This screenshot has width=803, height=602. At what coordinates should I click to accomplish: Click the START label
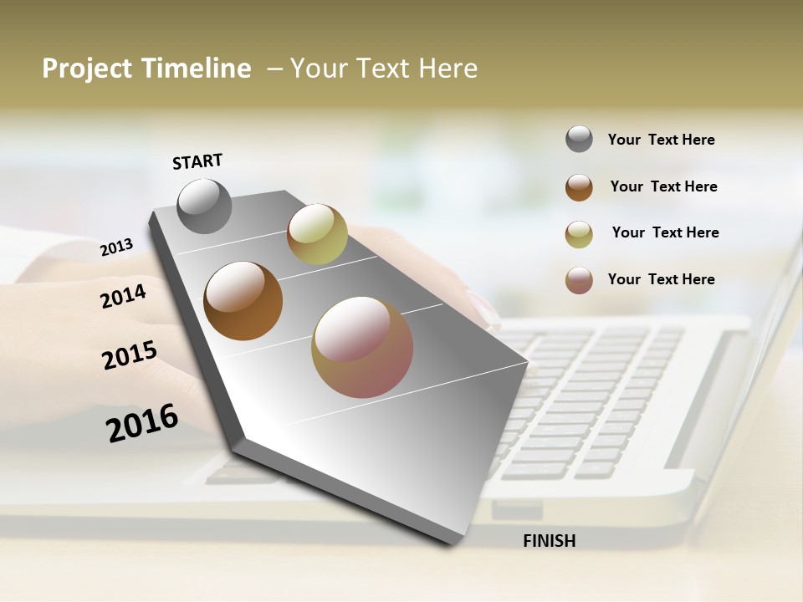click(x=197, y=161)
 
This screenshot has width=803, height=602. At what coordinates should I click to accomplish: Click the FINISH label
click(x=549, y=541)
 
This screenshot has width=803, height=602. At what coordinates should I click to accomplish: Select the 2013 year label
click(x=117, y=247)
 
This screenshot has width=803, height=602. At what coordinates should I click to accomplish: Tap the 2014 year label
click(x=124, y=296)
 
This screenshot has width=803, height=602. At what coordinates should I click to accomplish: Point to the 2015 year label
click(x=130, y=355)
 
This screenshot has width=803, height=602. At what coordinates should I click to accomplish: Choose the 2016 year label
click(x=142, y=422)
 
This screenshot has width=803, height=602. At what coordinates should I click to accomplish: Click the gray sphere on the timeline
click(x=205, y=206)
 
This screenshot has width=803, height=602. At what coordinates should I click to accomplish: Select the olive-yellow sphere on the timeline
click(x=317, y=234)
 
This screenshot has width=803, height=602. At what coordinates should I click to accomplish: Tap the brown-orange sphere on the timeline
click(x=243, y=301)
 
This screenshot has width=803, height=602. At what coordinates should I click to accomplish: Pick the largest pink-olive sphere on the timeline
click(x=362, y=347)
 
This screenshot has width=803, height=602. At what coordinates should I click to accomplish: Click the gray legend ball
click(x=579, y=139)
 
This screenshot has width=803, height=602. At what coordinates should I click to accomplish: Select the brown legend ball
click(x=579, y=187)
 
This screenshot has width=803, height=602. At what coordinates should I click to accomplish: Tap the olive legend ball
click(x=579, y=234)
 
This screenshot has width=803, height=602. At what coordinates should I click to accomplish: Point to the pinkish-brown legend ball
click(x=579, y=280)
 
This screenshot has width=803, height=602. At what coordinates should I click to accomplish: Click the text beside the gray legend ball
click(x=661, y=140)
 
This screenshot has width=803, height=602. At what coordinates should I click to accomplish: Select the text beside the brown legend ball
click(x=663, y=186)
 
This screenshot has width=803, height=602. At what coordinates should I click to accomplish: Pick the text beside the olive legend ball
click(x=665, y=232)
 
